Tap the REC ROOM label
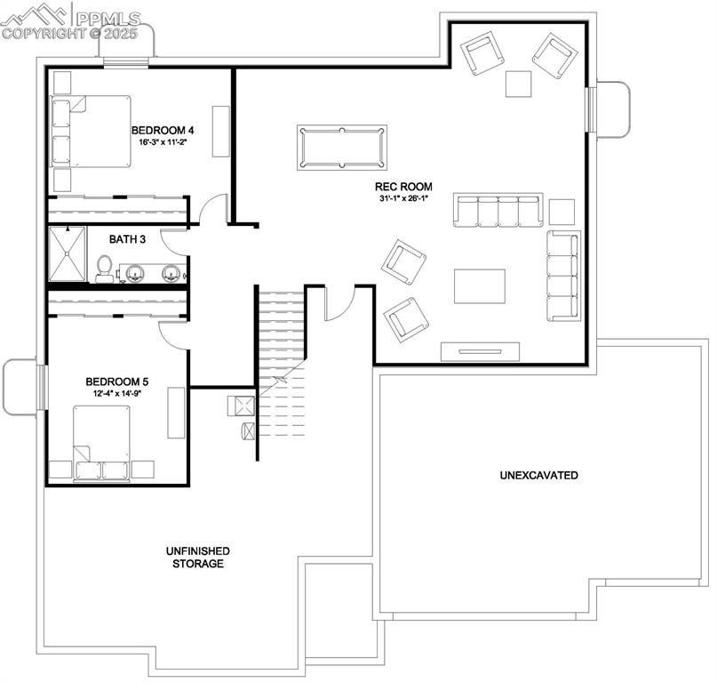tap(403, 187)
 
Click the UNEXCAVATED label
tap(538, 475)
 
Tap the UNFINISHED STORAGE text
tap(198, 558)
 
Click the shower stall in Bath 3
tap(68, 254)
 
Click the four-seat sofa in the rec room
tap(498, 212)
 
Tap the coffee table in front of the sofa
tap(480, 286)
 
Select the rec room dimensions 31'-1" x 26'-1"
tap(403, 198)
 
